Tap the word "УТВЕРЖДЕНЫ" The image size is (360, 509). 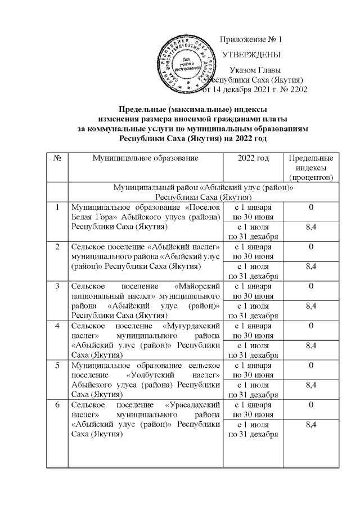pyautogui.click(x=252, y=55)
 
